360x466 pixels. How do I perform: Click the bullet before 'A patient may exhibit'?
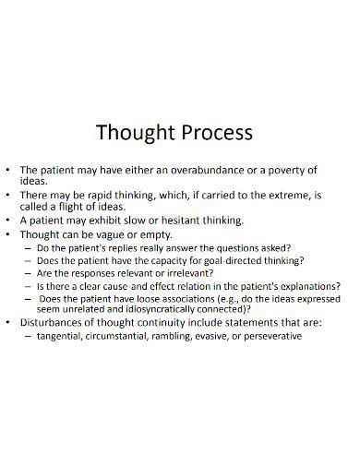[8, 221]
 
